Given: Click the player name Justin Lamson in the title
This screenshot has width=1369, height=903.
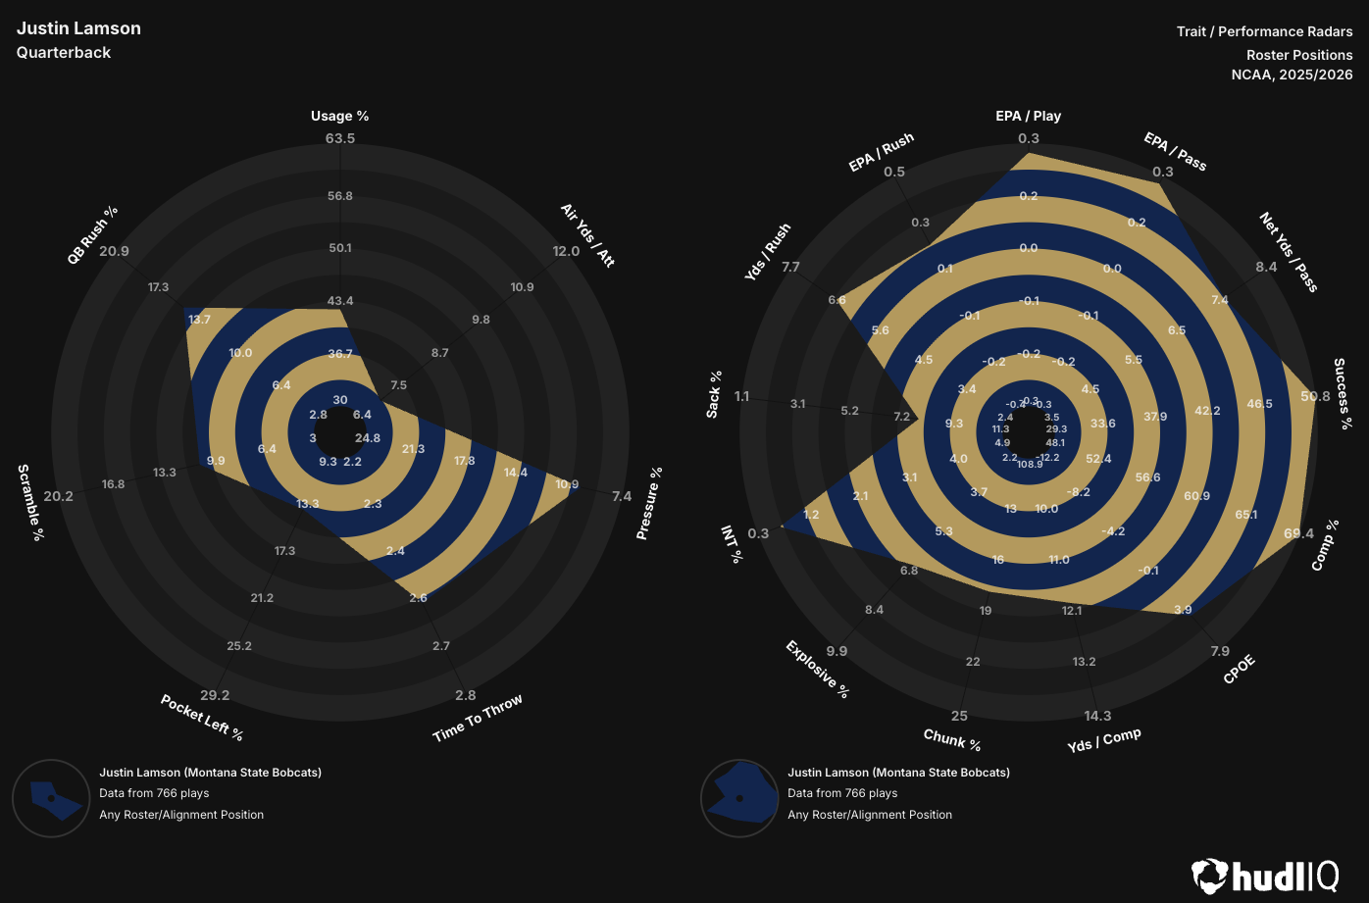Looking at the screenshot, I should tap(78, 28).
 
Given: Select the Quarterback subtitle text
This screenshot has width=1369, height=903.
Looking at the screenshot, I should tap(64, 53).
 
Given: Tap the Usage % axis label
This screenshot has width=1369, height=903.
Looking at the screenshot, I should tap(340, 116).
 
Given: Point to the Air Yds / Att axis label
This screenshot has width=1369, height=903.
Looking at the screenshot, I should tap(587, 235).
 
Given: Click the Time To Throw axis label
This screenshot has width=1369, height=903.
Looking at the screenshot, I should tap(478, 719).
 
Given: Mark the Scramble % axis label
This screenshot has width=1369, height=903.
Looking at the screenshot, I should tap(31, 502).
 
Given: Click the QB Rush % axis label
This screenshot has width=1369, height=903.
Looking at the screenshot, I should tap(92, 234).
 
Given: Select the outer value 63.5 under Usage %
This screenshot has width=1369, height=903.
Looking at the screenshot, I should tap(340, 138).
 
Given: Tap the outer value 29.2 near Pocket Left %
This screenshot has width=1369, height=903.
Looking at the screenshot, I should tap(215, 695).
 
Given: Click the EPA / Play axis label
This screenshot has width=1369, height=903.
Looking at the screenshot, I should tap(1029, 116).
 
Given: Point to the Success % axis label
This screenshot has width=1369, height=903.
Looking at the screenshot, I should tap(1343, 393).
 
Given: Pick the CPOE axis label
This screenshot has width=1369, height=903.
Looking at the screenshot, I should tap(1239, 670).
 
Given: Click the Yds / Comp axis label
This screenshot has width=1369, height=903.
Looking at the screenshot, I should tap(1104, 740).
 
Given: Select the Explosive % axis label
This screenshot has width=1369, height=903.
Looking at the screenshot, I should tap(817, 670).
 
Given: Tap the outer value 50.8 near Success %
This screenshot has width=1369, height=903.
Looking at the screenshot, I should tap(1315, 396).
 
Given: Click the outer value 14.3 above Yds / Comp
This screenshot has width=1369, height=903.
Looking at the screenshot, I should tap(1097, 716).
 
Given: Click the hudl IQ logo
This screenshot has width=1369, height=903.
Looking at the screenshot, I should tap(1265, 876).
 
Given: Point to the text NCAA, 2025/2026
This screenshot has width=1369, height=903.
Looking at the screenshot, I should tap(1292, 75).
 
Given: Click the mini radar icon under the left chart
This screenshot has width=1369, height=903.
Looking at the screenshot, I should tap(51, 799).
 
